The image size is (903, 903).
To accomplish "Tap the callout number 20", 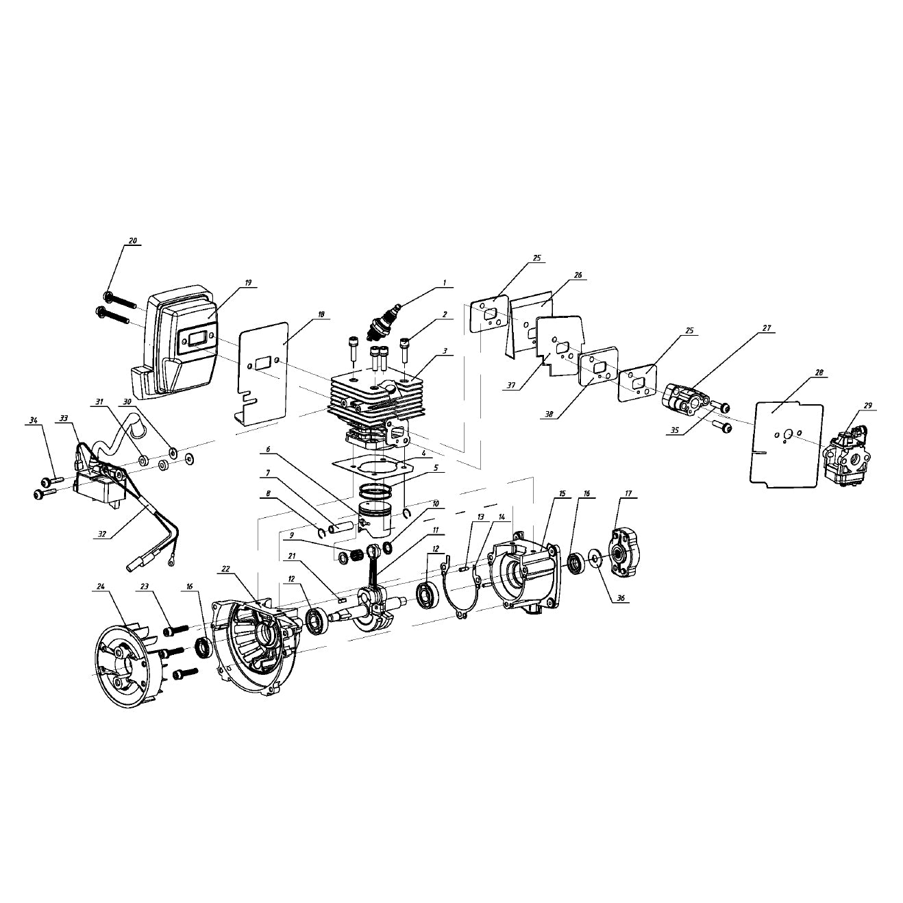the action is click(x=133, y=241).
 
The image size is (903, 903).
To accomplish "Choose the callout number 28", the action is click(x=819, y=373).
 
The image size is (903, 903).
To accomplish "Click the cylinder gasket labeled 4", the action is click(x=373, y=469).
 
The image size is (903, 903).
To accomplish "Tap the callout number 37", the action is click(x=511, y=385).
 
